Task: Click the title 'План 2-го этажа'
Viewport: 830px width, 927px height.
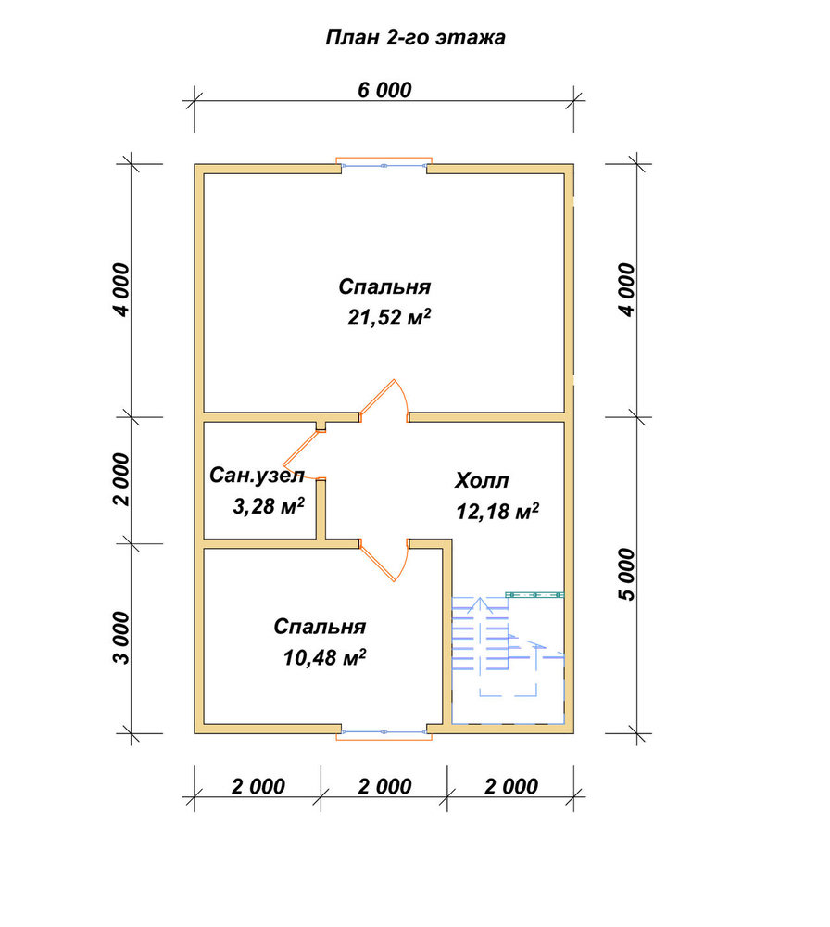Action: click(x=415, y=37)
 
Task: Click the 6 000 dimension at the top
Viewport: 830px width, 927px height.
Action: click(x=384, y=90)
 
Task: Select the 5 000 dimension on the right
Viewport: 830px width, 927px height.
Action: click(x=627, y=575)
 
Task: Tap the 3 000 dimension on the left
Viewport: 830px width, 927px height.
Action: click(x=121, y=638)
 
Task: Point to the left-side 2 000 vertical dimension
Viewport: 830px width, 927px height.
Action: click(x=121, y=479)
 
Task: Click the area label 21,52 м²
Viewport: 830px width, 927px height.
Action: click(x=389, y=317)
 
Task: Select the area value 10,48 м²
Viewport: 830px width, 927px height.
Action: click(x=324, y=657)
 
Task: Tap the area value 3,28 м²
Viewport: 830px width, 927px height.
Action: click(x=269, y=505)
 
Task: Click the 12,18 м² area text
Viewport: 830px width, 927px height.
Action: click(x=497, y=511)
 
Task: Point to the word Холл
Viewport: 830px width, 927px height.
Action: click(x=482, y=480)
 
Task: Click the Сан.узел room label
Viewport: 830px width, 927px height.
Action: click(x=257, y=475)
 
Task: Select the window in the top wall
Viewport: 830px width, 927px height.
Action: click(x=384, y=164)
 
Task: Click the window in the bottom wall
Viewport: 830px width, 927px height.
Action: click(x=384, y=733)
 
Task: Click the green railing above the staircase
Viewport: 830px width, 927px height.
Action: click(x=534, y=595)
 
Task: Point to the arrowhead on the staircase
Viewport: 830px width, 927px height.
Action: click(x=480, y=604)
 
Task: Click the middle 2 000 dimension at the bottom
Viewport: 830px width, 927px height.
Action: click(x=384, y=786)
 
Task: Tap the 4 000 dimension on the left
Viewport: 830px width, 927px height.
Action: click(x=121, y=289)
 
